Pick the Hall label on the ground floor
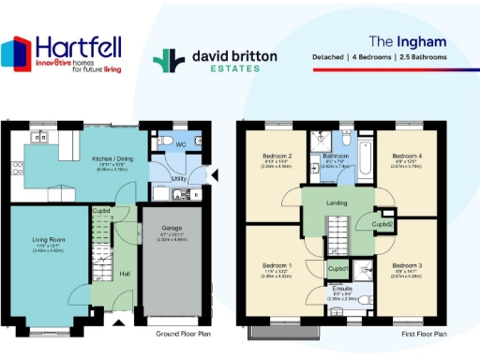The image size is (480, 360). tap(124, 274)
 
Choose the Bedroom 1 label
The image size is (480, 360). tap(278, 265)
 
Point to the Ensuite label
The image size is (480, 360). tap(340, 291)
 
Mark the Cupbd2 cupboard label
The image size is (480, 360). tap(382, 224)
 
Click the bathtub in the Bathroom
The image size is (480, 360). tap(365, 155)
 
